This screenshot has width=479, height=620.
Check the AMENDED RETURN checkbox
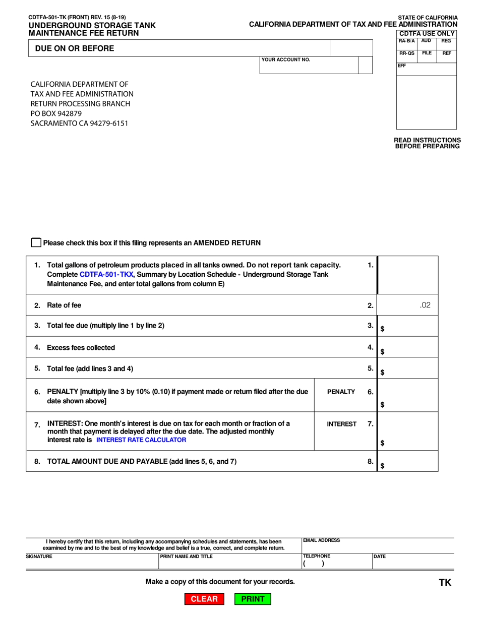[x=36, y=243]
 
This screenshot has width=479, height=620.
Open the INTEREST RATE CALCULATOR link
[x=141, y=440]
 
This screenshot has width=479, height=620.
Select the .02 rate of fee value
[x=425, y=305]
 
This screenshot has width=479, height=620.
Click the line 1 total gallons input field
[x=408, y=275]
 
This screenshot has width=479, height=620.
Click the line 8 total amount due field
[x=409, y=461]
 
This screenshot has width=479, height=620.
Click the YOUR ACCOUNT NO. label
[x=286, y=60]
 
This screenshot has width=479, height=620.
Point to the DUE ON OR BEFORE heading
[x=74, y=48]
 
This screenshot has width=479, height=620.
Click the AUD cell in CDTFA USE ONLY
[x=426, y=40]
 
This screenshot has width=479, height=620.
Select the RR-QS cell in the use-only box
[x=406, y=53]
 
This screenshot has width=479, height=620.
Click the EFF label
[x=402, y=66]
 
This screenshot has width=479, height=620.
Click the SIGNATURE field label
[x=39, y=556]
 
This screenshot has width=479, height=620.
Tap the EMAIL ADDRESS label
[x=322, y=540]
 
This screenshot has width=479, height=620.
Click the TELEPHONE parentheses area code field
[x=314, y=565]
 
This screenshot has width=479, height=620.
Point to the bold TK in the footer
[x=445, y=583]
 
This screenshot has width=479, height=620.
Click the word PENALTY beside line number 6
[x=341, y=392]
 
